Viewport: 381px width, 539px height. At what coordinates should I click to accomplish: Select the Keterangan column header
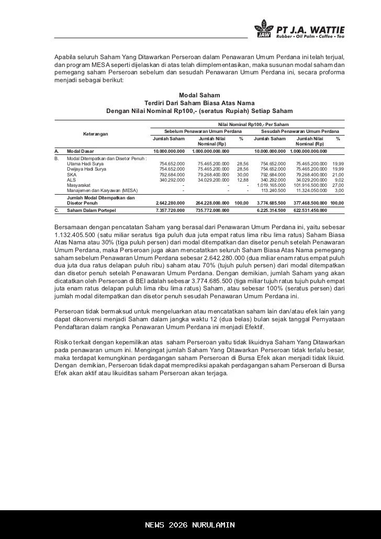click(x=96, y=134)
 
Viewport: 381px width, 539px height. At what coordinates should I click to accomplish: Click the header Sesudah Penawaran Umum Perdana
click(x=300, y=130)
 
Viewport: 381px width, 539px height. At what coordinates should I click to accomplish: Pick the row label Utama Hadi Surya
click(x=85, y=164)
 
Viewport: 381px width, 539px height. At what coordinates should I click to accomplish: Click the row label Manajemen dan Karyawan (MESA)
click(x=102, y=190)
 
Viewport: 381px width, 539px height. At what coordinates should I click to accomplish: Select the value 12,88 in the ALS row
click(x=242, y=180)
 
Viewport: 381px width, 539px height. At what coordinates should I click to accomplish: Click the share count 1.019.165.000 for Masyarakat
click(x=271, y=185)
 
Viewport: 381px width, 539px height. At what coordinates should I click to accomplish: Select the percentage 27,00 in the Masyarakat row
click(x=338, y=185)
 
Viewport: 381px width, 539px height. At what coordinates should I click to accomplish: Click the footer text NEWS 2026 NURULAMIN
click(x=190, y=525)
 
